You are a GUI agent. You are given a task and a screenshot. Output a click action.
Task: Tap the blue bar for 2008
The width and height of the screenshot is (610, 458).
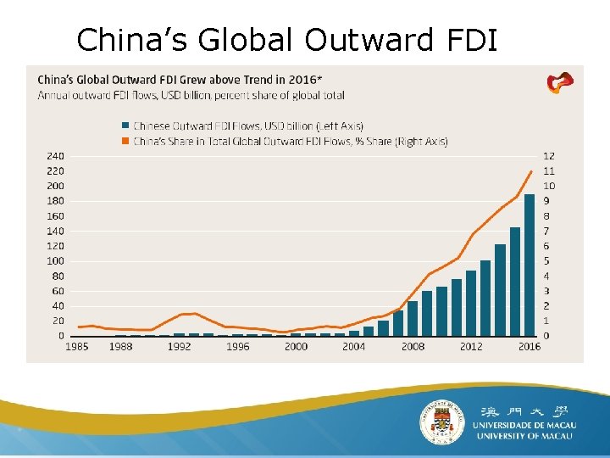click(x=413, y=318)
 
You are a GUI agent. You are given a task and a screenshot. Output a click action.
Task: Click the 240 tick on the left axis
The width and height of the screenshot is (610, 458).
click(x=55, y=156)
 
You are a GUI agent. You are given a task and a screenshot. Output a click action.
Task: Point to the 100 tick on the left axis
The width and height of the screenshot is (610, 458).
click(x=55, y=260)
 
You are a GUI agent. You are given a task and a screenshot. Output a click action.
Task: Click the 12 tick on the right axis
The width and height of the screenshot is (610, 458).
click(x=548, y=156)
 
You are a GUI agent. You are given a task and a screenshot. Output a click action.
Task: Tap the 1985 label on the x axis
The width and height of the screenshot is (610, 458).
click(x=77, y=347)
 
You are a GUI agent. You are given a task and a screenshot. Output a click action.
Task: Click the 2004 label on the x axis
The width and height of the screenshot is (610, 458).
click(x=353, y=347)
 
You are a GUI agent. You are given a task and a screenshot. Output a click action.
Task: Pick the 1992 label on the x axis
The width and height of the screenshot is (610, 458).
click(x=179, y=347)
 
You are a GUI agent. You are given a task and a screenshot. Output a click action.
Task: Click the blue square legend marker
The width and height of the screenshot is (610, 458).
click(x=125, y=126)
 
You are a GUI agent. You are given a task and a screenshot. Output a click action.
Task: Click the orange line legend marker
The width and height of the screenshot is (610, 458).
click(x=125, y=141)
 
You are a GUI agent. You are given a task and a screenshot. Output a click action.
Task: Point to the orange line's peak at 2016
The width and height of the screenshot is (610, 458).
click(x=531, y=171)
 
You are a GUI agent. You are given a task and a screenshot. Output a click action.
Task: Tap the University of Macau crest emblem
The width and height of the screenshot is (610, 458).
click(x=443, y=422)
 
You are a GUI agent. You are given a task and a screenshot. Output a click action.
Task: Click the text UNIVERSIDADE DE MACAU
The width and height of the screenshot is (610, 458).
click(x=525, y=424)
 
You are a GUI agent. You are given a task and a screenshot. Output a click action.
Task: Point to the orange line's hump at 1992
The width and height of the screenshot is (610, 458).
click(x=194, y=313)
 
